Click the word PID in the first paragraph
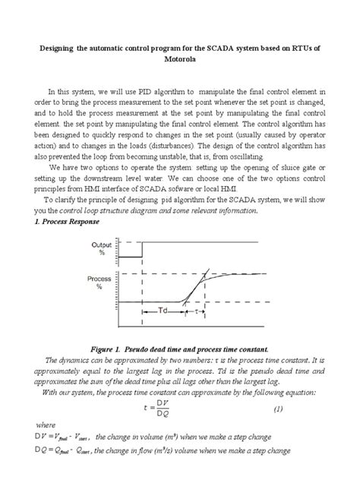[138, 90]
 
